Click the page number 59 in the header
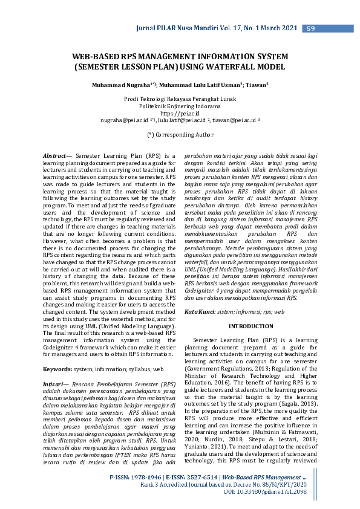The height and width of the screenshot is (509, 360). (309, 28)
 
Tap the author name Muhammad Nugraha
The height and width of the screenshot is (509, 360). (119, 86)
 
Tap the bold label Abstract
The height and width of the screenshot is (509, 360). (55, 156)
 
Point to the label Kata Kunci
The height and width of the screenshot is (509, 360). (200, 311)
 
